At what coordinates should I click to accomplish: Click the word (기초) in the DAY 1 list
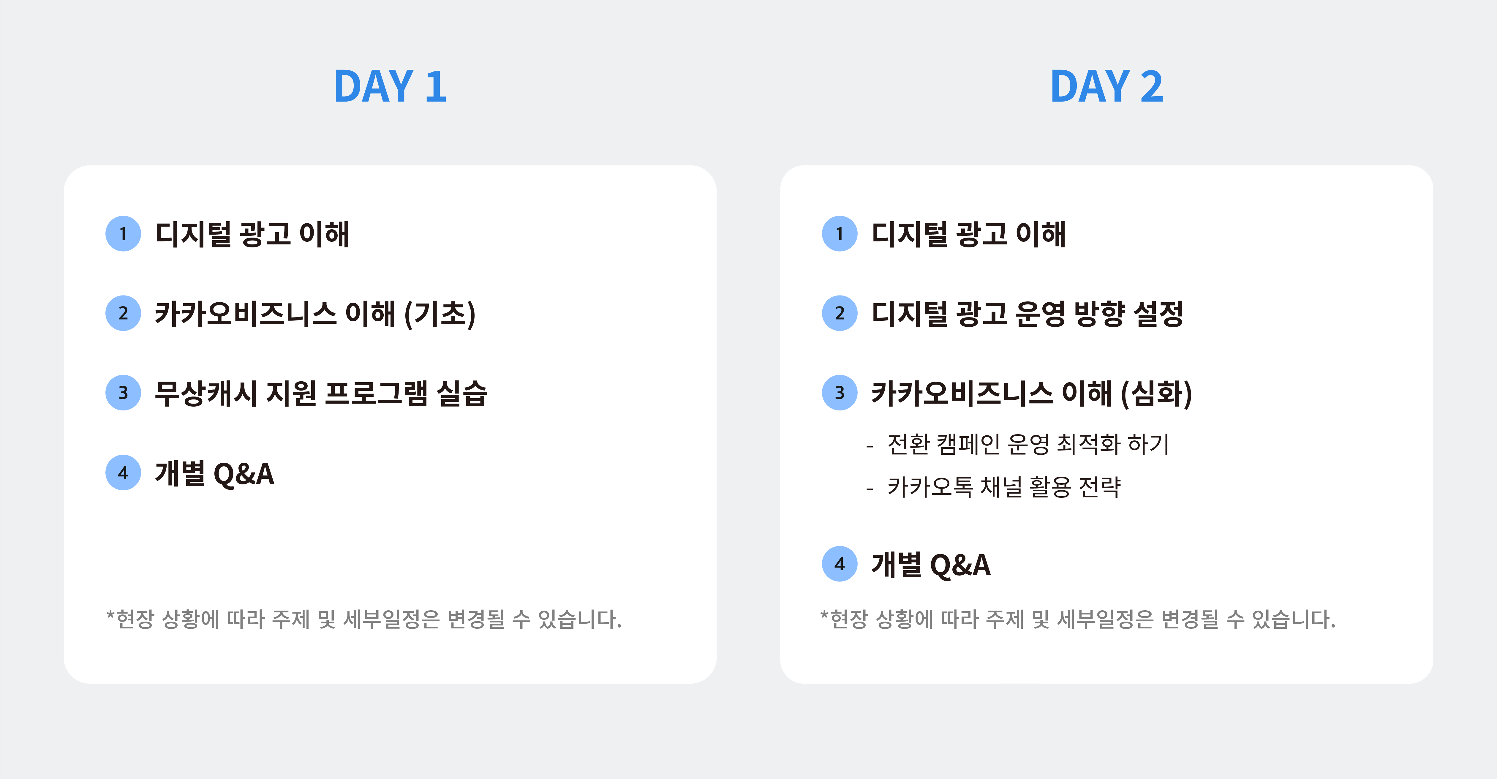440,314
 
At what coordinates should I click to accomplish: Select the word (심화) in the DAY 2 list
1156,394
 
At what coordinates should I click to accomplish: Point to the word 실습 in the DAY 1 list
462,394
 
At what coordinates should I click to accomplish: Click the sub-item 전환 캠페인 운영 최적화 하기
1027,445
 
